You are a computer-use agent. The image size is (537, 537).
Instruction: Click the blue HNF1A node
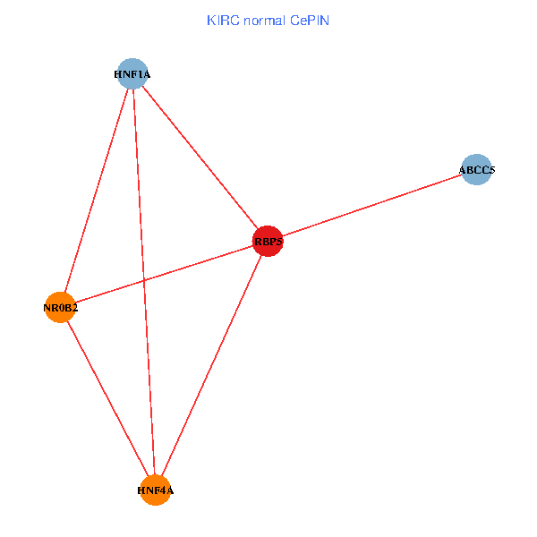132,73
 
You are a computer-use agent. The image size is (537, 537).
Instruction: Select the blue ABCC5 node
477,169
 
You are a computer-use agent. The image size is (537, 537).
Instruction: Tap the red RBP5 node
268,241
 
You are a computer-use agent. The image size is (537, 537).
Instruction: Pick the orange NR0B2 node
60,308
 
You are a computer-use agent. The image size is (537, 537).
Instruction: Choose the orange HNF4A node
156,490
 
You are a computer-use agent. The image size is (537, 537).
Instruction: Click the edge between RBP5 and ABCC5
372,205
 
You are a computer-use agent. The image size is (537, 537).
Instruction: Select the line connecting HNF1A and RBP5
200,158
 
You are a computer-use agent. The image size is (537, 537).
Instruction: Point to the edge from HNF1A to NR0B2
96,191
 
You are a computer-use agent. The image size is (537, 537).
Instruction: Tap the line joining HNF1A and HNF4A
144,282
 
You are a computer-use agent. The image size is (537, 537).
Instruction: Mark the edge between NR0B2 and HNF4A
107,398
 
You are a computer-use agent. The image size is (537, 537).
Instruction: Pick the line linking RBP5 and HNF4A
212,365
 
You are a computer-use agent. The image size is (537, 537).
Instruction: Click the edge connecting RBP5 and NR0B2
164,275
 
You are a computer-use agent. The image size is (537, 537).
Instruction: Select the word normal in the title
264,20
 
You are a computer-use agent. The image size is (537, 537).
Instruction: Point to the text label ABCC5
477,169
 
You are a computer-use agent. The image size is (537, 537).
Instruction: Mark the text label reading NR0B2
61,309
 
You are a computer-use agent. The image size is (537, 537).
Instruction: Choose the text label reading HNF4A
156,490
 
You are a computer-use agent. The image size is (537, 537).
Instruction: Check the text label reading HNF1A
132,74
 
